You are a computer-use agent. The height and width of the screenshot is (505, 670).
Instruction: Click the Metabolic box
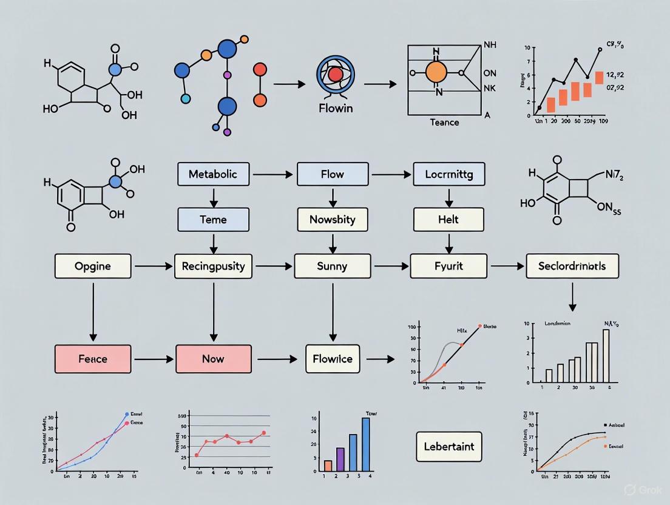click(213, 174)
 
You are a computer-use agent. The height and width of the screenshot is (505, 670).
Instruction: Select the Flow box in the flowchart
click(332, 174)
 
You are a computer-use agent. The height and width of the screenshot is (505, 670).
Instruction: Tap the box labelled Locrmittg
click(448, 174)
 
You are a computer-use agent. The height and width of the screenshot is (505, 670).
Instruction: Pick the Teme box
click(213, 219)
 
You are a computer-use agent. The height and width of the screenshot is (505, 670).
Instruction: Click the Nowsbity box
click(332, 219)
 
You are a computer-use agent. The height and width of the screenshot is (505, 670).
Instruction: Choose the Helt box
click(448, 219)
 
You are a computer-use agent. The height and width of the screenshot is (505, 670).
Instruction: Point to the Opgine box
click(93, 266)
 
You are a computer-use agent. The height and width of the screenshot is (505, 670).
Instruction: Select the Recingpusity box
click(213, 266)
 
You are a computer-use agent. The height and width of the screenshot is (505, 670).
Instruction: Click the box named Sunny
click(332, 266)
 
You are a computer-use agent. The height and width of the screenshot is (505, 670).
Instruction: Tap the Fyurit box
click(448, 266)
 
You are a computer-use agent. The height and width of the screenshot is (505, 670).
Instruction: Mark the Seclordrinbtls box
click(572, 266)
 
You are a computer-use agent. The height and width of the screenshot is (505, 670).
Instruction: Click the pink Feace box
click(93, 358)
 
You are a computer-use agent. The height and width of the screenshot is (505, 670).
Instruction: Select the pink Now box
click(213, 358)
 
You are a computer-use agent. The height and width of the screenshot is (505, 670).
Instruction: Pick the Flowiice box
click(332, 358)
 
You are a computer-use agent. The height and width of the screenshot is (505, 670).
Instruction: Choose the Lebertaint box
click(449, 447)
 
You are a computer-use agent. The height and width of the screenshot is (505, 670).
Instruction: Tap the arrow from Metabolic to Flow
click(274, 175)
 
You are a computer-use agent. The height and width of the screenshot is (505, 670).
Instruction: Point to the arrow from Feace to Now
click(154, 359)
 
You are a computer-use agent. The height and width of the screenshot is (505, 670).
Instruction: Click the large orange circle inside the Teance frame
click(436, 72)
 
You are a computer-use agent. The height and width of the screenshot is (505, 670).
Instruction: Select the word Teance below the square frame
click(444, 122)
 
